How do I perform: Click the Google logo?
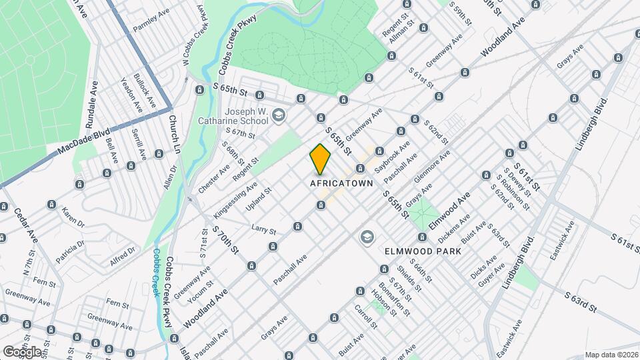(x=22, y=351)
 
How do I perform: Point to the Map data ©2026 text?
(x=611, y=355)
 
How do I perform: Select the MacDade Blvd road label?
(x=84, y=141)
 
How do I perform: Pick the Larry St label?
(x=264, y=231)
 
